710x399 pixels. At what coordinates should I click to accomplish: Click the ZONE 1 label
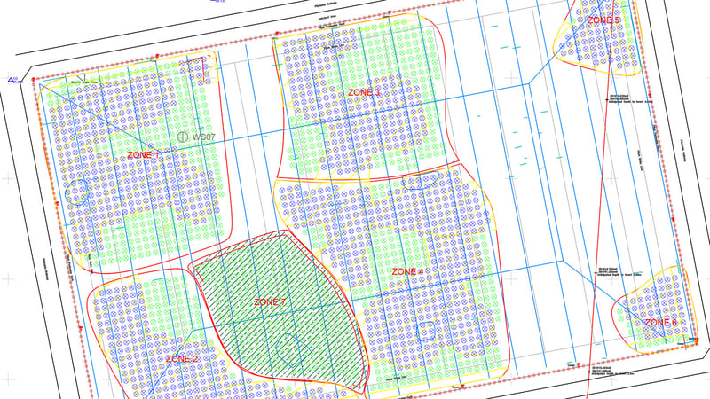coord(145,155)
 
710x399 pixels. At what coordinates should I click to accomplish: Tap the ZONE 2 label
coord(181,359)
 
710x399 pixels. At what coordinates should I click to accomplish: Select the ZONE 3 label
coord(364,92)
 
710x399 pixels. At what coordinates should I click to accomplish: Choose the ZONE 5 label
coord(603,20)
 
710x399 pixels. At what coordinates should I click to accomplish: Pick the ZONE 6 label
coord(661,322)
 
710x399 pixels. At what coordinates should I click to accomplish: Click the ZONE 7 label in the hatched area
coord(271,302)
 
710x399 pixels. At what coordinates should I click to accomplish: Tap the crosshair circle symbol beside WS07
coord(183,137)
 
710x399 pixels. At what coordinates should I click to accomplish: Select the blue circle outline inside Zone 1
coord(78,192)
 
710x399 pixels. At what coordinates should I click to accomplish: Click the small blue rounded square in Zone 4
coord(426,332)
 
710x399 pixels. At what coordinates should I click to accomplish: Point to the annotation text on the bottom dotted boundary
coord(600,370)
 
